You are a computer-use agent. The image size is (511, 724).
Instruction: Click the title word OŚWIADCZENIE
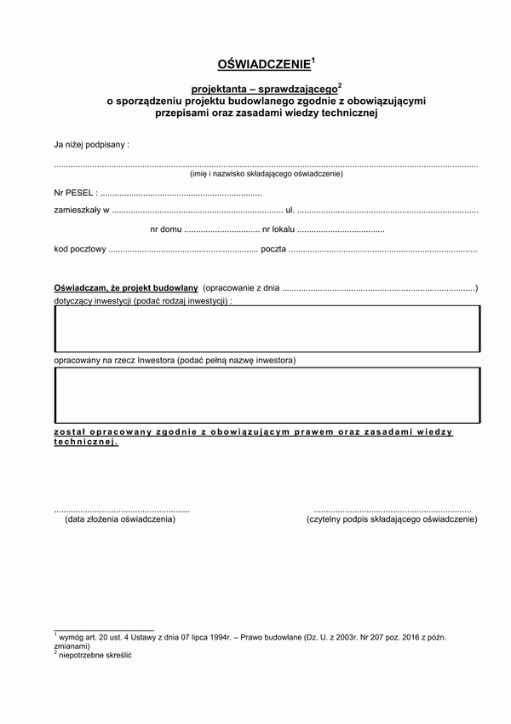coord(264,64)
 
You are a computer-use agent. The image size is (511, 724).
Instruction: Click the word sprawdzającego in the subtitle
coord(296,89)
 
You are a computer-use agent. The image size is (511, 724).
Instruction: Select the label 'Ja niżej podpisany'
coord(91,145)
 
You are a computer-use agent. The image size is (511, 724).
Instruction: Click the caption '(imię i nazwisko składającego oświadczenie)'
coord(267,174)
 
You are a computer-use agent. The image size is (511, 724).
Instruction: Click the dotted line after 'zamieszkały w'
coord(197,210)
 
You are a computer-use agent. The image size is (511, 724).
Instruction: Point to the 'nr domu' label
coord(165,229)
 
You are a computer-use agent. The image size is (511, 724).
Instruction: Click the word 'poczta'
coord(273,249)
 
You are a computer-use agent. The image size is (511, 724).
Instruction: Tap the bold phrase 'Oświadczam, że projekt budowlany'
coord(126,289)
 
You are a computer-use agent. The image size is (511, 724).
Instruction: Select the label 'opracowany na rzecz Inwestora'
coord(175,361)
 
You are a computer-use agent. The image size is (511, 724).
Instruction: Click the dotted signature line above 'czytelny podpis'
coord(392,510)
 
